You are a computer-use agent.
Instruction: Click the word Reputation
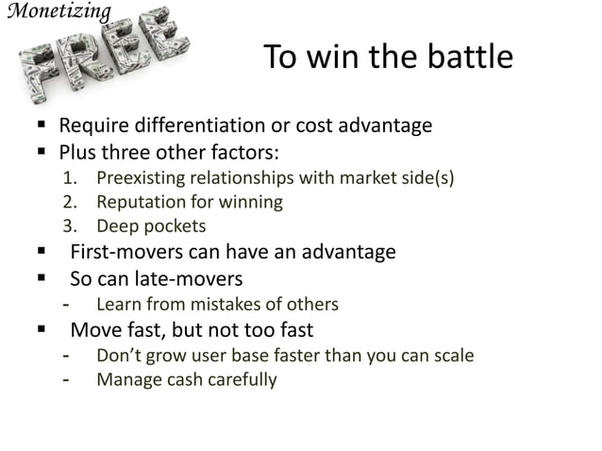[138, 202]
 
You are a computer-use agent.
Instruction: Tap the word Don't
[117, 357]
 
